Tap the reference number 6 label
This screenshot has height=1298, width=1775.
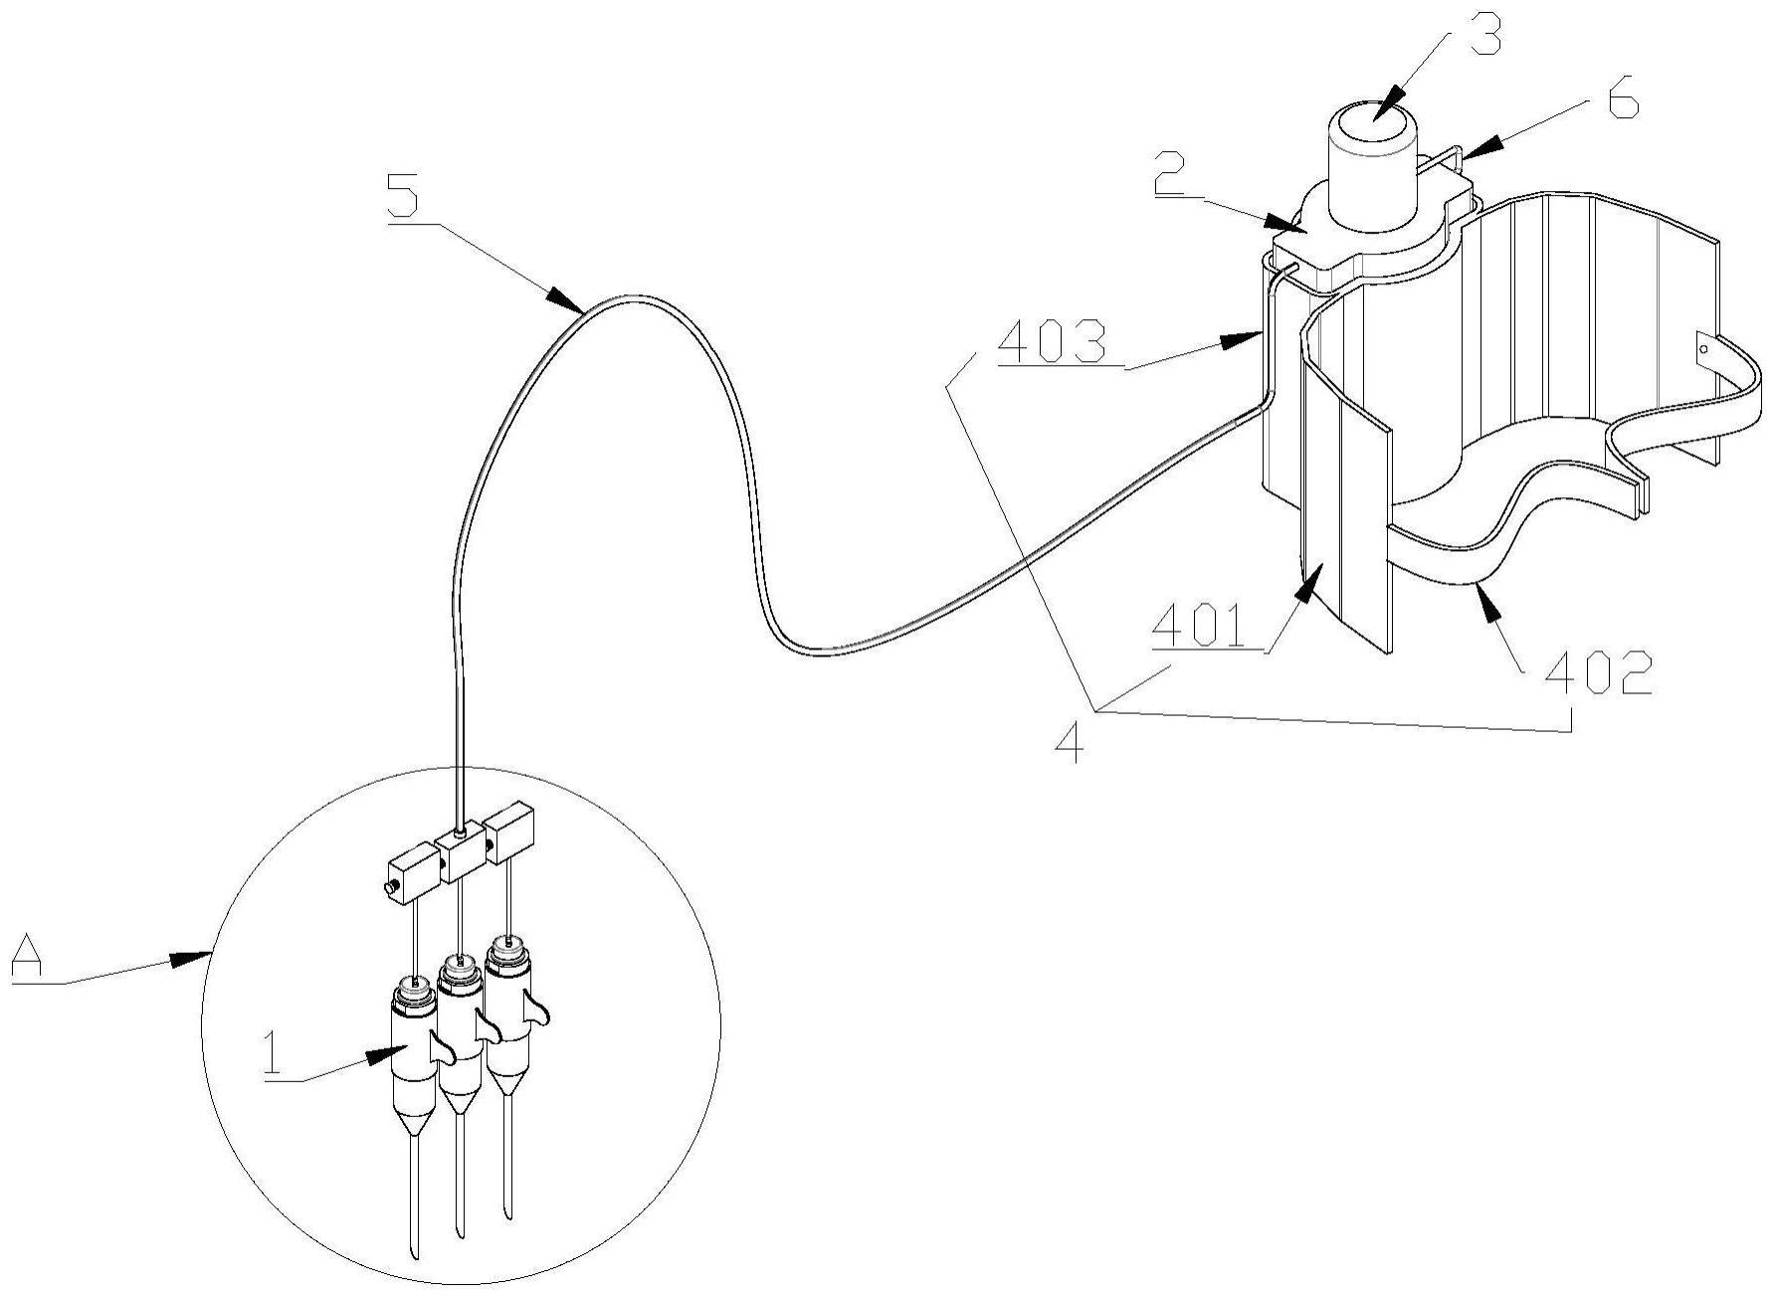[1622, 102]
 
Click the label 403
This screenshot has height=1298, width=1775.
[1054, 344]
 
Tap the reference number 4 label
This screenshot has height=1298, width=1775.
[1070, 741]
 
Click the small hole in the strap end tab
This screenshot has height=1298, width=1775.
[1702, 350]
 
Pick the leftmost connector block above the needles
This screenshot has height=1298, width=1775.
[412, 872]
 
